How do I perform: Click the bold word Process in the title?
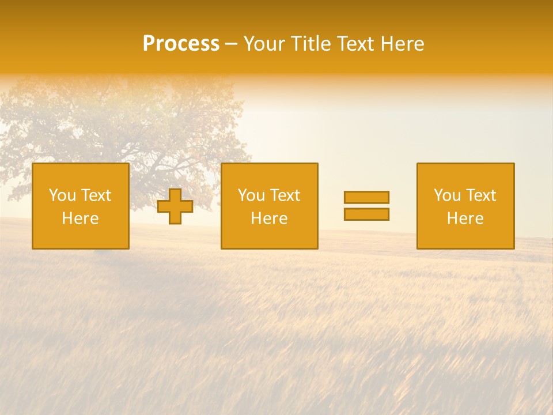click(x=181, y=44)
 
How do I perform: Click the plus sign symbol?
click(x=175, y=206)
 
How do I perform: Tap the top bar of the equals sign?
click(x=366, y=197)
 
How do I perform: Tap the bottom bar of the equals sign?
click(x=366, y=214)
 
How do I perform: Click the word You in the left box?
click(x=62, y=195)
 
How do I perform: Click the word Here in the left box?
click(x=80, y=218)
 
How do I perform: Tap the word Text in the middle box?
click(x=285, y=195)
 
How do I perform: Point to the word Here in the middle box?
click(x=269, y=218)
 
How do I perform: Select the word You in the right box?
click(x=447, y=195)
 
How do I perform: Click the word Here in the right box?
click(x=465, y=218)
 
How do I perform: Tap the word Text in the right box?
click(x=480, y=195)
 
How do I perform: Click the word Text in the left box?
click(x=96, y=195)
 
